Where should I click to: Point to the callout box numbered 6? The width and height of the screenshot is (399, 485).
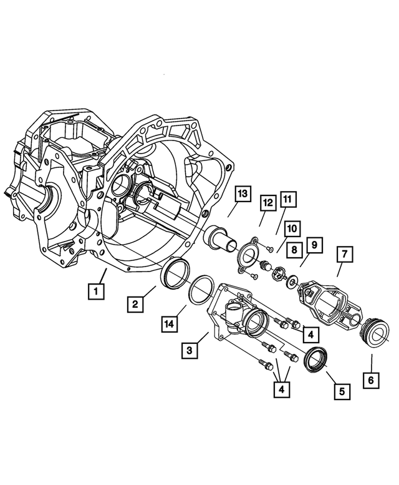click(x=372, y=378)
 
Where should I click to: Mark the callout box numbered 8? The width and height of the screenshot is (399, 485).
click(x=293, y=249)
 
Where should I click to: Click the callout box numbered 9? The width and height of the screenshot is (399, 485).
click(x=313, y=245)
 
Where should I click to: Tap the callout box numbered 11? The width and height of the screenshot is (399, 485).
click(x=287, y=200)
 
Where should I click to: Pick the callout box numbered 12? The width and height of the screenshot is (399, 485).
click(x=267, y=203)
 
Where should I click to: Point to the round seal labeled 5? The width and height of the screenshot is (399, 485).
click(x=315, y=361)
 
